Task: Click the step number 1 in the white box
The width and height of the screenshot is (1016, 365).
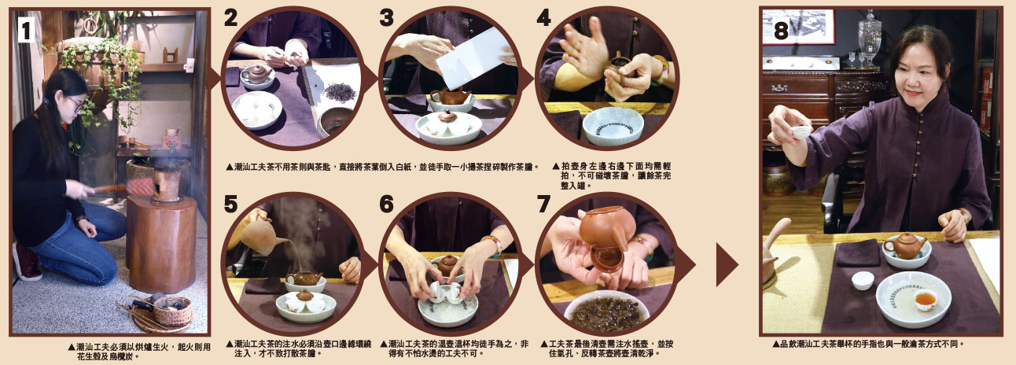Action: (x=26, y=30)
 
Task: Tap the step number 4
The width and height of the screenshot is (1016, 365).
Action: (x=543, y=18)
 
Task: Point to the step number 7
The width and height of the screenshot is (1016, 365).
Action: (x=544, y=205)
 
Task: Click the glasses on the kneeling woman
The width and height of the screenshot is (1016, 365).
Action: (x=75, y=104)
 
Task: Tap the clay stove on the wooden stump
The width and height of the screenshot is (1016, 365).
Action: (x=167, y=185)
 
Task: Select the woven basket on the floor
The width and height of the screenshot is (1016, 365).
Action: (x=172, y=310)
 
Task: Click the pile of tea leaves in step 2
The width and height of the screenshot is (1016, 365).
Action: (x=339, y=91)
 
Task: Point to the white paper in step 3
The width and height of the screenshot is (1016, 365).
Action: (x=472, y=58)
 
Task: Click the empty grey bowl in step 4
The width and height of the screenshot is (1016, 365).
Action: (x=613, y=126)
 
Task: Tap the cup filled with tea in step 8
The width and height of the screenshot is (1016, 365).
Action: (x=926, y=300)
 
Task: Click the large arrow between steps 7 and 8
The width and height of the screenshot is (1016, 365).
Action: (x=727, y=264)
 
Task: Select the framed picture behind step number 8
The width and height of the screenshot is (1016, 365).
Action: (x=798, y=26)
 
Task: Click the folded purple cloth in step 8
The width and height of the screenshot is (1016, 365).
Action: (x=858, y=253)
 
